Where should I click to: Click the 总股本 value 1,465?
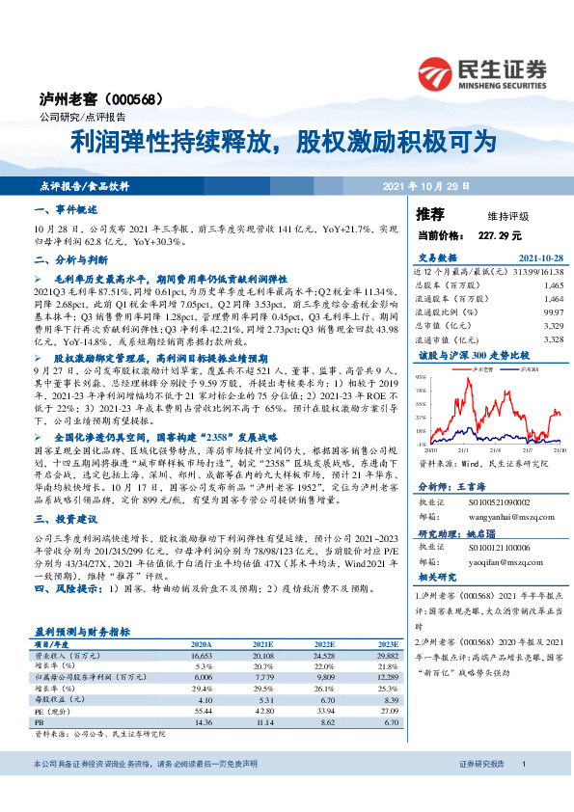point(553,286)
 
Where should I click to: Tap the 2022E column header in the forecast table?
point(325,642)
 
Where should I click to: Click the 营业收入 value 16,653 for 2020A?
point(203,653)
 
